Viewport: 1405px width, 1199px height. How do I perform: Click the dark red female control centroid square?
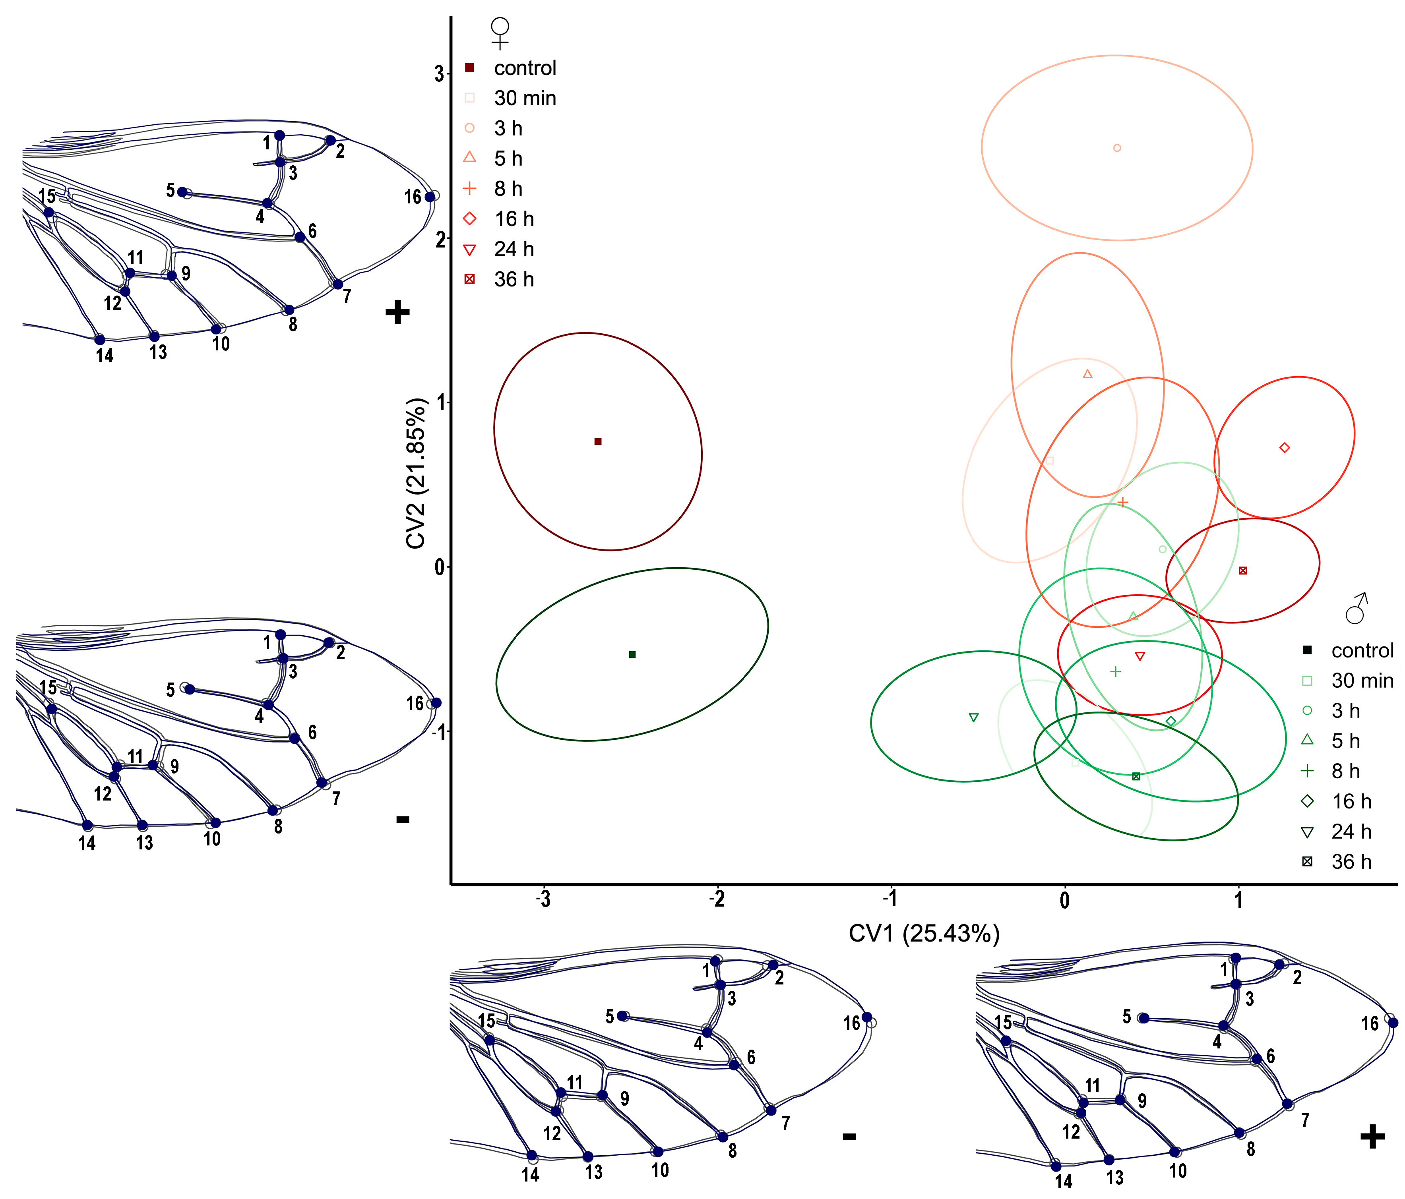tap(597, 442)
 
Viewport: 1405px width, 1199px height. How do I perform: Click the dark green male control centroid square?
tap(632, 654)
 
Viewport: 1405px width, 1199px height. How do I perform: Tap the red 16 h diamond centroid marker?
tap(1284, 447)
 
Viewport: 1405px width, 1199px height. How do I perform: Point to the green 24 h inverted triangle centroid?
tap(974, 717)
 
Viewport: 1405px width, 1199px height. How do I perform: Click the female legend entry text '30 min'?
tap(525, 98)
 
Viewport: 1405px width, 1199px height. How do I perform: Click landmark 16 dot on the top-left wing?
tap(429, 197)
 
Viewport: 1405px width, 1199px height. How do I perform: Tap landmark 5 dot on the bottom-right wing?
tap(1143, 1018)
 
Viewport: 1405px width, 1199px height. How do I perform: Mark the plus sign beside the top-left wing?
tap(397, 312)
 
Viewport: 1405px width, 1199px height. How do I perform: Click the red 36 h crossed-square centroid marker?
tap(1242, 570)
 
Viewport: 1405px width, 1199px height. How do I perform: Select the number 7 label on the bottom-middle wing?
tap(785, 1123)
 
